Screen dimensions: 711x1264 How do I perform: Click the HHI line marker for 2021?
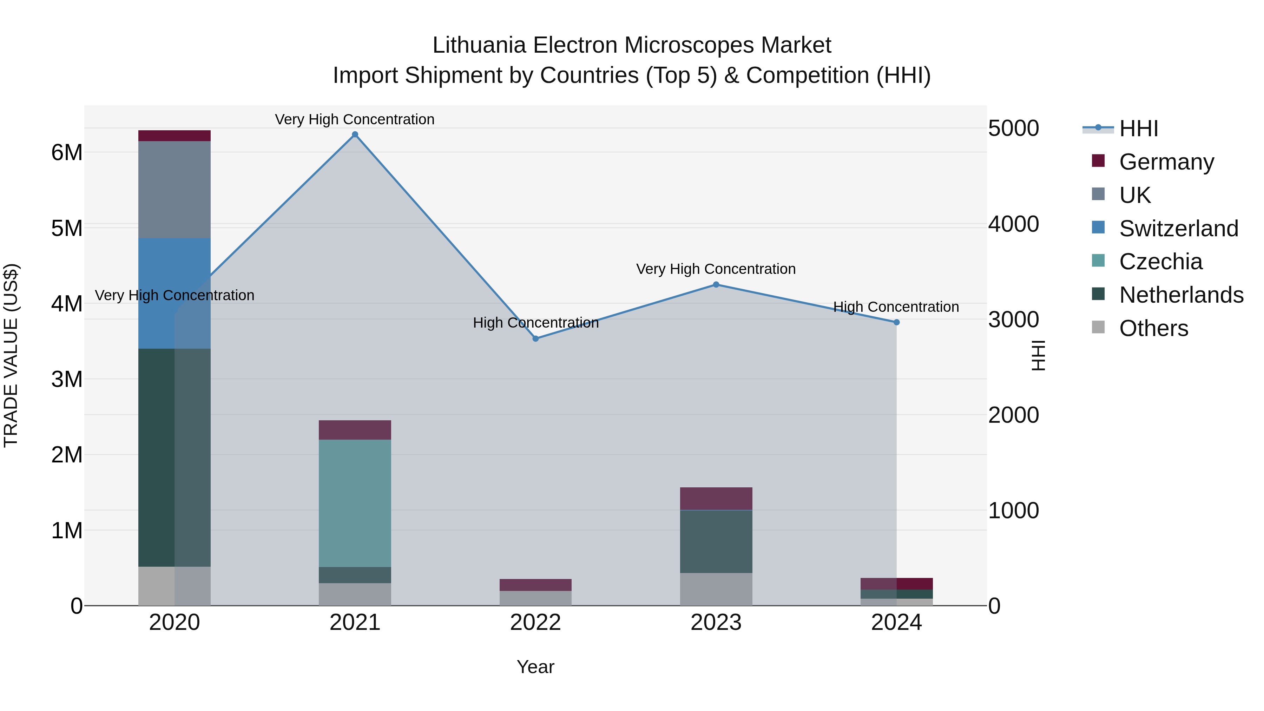355,134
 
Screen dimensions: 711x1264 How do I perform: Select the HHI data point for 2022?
535,338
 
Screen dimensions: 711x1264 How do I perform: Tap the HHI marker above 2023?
716,285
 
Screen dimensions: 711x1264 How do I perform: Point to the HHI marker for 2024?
896,322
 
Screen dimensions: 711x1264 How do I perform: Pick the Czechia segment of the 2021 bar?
355,503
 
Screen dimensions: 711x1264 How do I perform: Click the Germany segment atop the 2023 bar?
716,499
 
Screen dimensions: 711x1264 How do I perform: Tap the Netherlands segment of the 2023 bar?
716,541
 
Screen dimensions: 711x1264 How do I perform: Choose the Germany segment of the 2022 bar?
535,585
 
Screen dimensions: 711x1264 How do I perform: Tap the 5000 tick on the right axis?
1013,129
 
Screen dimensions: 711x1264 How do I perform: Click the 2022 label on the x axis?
535,623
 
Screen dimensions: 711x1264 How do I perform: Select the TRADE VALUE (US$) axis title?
11,355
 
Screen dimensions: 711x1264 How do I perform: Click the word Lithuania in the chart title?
479,45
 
